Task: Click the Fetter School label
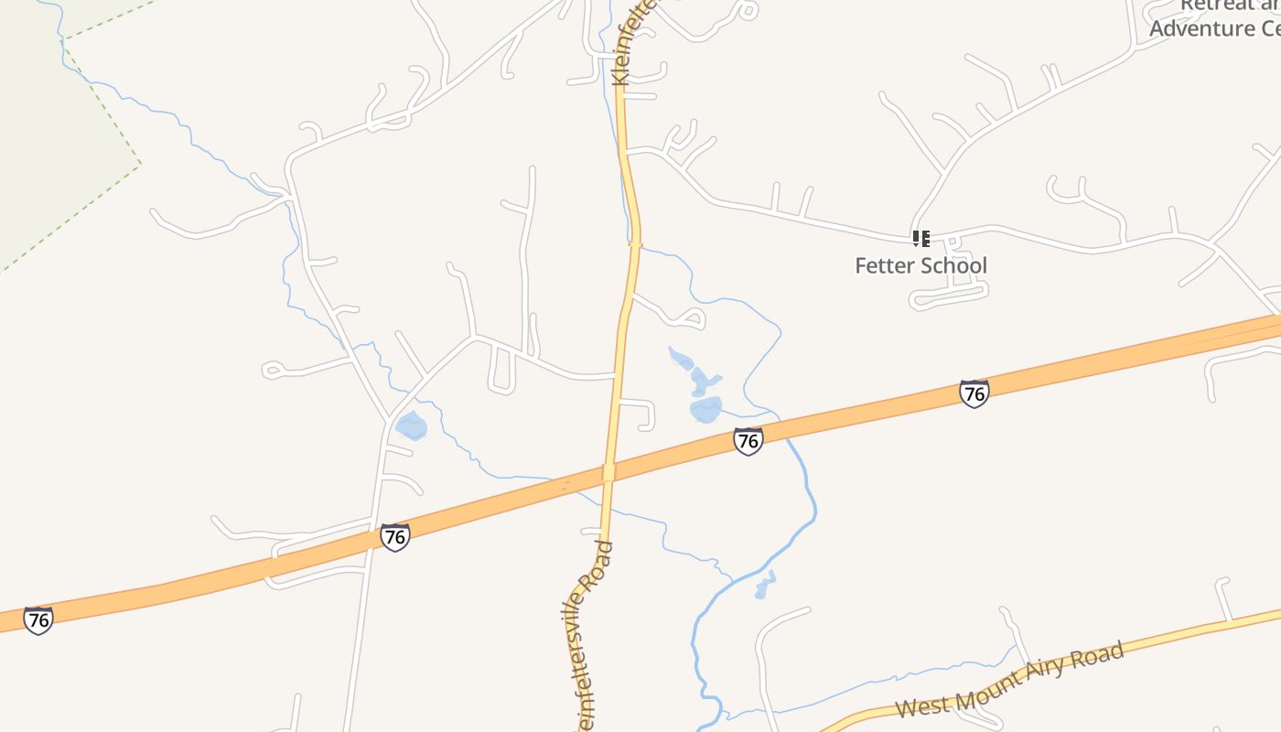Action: point(920,265)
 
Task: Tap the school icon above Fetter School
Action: point(920,239)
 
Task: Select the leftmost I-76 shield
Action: point(38,619)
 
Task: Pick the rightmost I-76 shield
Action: point(974,393)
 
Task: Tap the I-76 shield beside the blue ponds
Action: point(748,441)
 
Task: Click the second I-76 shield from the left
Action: point(394,536)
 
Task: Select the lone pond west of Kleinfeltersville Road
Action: point(411,425)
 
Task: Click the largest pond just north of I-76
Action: point(705,409)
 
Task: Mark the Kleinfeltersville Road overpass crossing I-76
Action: point(608,472)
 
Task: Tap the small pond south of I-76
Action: point(764,586)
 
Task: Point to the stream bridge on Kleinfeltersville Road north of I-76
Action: point(635,243)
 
